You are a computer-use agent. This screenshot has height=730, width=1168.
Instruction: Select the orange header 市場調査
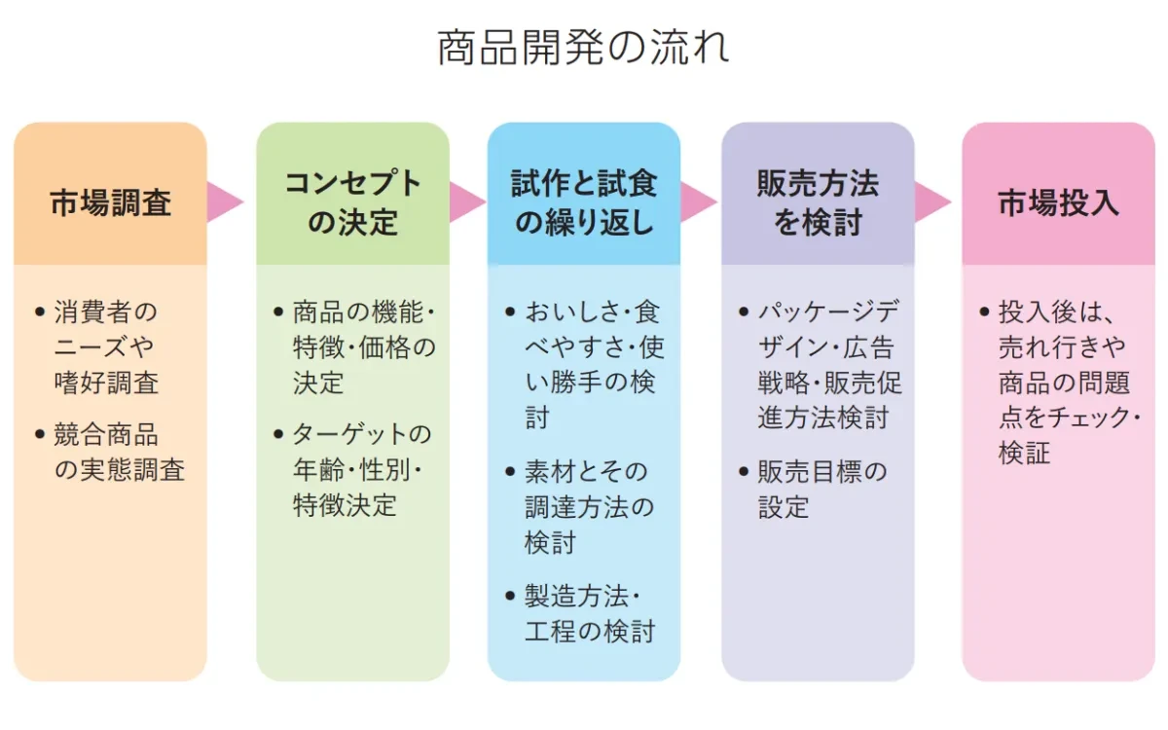pos(111,202)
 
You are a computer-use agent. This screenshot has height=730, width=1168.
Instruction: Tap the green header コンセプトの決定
pos(352,202)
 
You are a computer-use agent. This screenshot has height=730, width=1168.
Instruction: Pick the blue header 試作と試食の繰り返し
pos(584,202)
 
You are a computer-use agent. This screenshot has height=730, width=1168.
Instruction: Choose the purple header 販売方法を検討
pos(818,202)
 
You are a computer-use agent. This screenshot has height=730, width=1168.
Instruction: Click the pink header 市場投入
pos(1058,202)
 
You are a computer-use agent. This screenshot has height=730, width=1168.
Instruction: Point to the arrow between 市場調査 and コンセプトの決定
pos(225,202)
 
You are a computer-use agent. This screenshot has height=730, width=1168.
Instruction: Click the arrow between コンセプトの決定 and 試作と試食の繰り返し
pos(467,202)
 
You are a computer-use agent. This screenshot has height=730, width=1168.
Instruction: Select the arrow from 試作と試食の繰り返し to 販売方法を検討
pos(699,202)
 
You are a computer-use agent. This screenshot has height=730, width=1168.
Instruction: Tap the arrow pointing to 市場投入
pos(933,202)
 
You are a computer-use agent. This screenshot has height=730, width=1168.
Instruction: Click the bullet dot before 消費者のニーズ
pos(40,313)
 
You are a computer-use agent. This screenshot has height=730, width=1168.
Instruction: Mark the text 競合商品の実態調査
pos(119,453)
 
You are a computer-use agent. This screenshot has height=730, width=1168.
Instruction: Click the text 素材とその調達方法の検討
pos(589,507)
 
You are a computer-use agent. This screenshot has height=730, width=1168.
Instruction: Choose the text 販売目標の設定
pos(822,490)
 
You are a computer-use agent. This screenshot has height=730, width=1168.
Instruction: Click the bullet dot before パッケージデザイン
pos(745,313)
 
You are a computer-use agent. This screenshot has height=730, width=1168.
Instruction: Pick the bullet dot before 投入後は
pos(985,313)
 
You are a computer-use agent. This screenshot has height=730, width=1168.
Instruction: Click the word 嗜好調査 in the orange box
pos(106,383)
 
